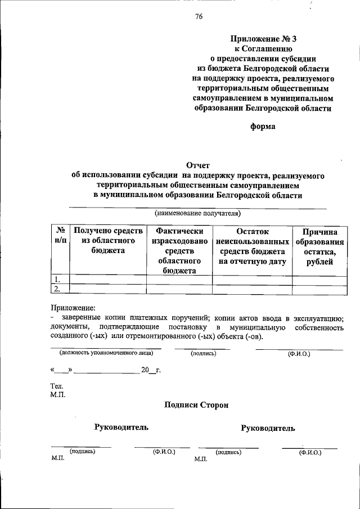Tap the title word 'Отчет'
coord(197,165)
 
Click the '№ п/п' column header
coord(60,236)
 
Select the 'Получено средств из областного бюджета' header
coord(107,241)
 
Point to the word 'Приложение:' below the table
coord(73,308)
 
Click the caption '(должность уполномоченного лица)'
coord(105,353)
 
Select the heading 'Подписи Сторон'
coord(197,405)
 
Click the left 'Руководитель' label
coord(121,427)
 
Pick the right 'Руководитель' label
coord(268,429)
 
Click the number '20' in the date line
coord(145,371)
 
